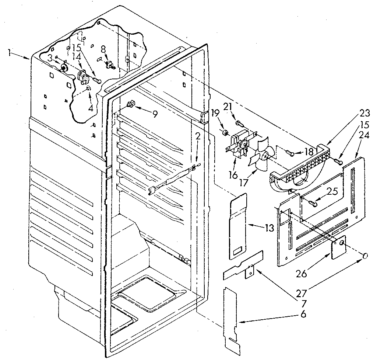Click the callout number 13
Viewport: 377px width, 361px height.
click(269, 228)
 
